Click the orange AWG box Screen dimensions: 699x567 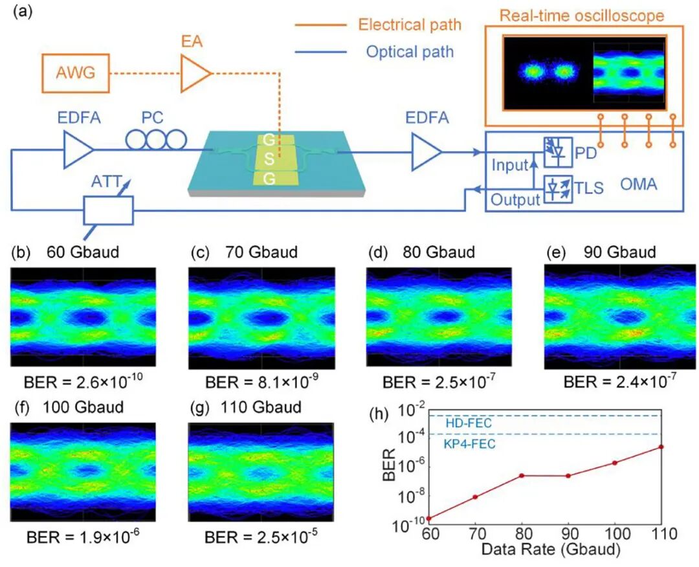76,73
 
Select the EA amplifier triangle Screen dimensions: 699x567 195,73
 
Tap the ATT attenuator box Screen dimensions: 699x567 108,210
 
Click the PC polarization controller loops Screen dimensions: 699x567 156,140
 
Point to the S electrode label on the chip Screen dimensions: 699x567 269,159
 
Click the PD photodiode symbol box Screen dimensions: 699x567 558,153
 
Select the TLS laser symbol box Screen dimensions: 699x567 558,189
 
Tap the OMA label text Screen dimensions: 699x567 638,184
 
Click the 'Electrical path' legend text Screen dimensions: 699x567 410,25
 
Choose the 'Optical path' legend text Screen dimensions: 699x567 410,52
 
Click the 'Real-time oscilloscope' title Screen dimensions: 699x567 582,16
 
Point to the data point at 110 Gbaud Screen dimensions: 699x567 661,447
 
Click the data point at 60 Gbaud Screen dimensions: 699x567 429,518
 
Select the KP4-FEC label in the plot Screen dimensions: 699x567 469,443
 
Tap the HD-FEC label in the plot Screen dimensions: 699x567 469,423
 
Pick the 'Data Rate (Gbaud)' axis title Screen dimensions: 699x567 551,549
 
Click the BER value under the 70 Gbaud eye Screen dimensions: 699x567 261,382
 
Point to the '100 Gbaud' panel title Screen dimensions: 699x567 83,407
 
